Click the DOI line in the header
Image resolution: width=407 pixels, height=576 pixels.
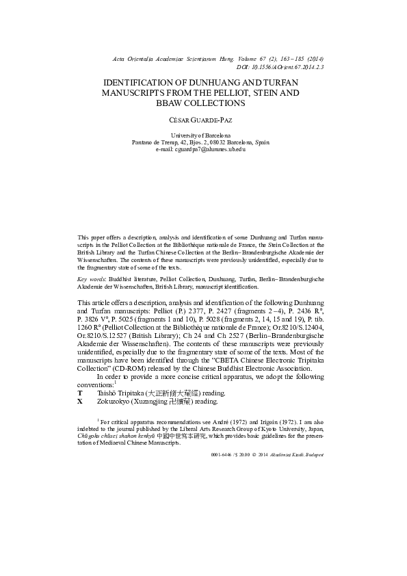coord(280,68)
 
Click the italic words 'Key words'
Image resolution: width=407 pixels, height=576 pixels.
coord(90,280)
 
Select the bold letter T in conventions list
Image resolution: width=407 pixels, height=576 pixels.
coord(81,393)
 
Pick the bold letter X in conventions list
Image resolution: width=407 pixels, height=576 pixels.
coord(81,402)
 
